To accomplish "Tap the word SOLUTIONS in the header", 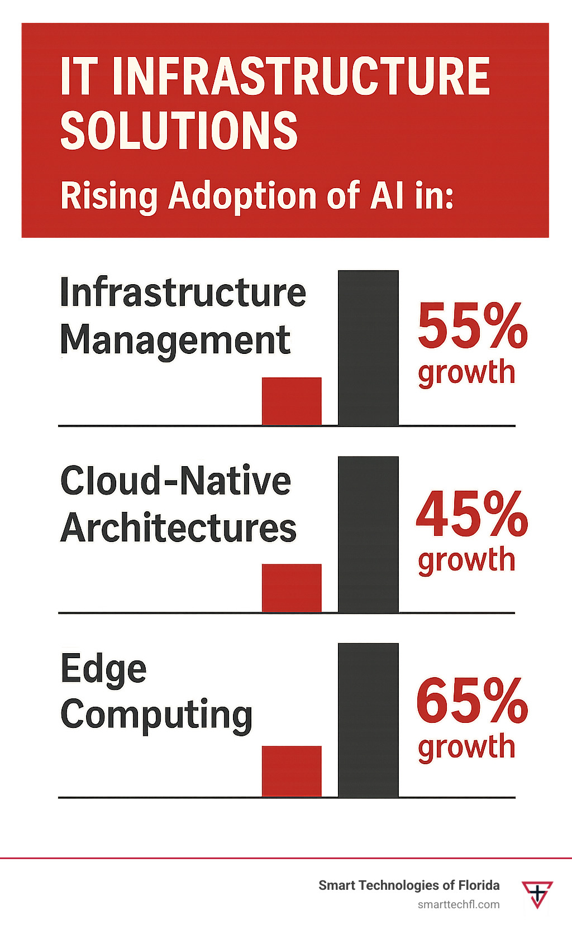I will (179, 130).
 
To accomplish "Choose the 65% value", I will (472, 700).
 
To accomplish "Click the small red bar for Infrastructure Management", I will (292, 401).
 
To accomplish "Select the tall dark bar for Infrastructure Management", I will (368, 348).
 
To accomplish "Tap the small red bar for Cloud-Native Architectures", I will (292, 588).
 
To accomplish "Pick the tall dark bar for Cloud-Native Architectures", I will (368, 534).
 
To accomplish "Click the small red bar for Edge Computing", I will (292, 771).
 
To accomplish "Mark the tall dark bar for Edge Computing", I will (368, 720).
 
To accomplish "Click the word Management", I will (175, 341).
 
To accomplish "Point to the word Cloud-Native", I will (175, 481).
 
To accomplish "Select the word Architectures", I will (178, 528).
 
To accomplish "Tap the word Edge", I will (103, 669).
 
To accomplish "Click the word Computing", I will (156, 715).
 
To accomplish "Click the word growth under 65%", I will (466, 747).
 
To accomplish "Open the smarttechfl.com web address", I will (459, 904).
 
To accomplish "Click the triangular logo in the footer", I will (537, 894).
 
